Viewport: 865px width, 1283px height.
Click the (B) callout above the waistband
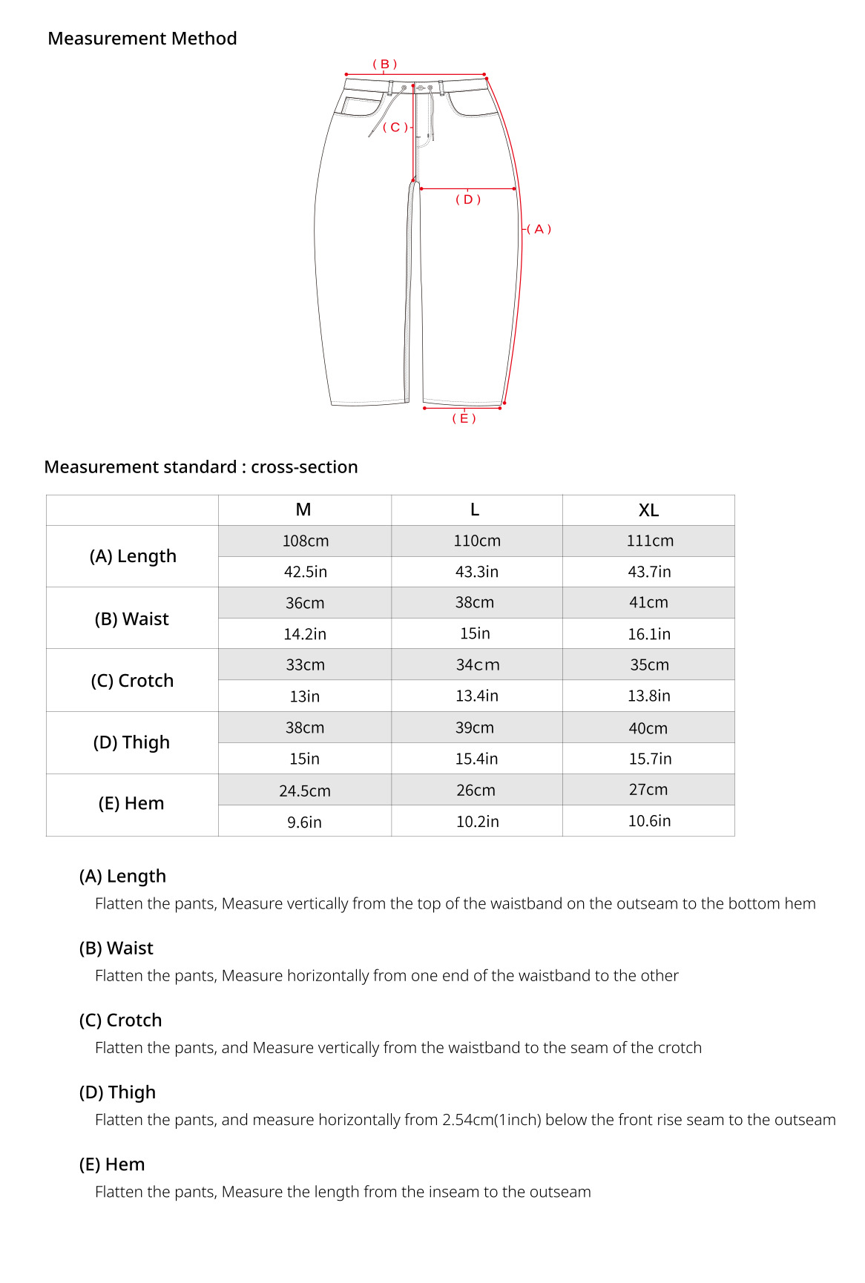point(384,65)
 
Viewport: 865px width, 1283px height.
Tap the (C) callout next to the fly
point(395,128)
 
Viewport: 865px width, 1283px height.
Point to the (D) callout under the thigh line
point(468,199)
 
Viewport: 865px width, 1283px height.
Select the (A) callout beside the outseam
point(539,229)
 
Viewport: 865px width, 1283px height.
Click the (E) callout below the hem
point(464,418)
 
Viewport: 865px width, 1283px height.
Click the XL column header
point(648,510)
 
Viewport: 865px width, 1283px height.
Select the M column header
point(303,509)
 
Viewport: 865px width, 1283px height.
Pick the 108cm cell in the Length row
point(305,541)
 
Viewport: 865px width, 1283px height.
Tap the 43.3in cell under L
point(476,572)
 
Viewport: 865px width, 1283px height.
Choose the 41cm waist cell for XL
point(648,603)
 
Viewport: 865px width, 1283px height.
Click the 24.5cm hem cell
point(305,791)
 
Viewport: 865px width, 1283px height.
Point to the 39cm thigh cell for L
point(475,728)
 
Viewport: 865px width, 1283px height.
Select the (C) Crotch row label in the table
point(132,681)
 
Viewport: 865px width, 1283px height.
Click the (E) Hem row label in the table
point(131,804)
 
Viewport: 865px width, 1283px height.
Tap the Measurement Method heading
point(142,39)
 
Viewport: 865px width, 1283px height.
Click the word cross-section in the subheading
point(304,467)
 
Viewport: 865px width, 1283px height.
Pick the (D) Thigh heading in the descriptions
point(117,1092)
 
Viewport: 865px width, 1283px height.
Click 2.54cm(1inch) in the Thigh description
point(491,1120)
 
